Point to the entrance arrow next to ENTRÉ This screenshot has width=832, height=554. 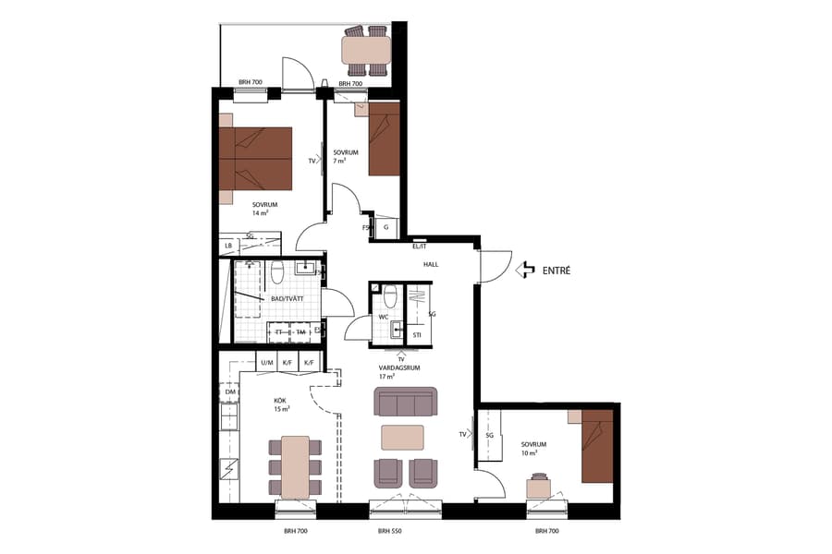click(x=526, y=271)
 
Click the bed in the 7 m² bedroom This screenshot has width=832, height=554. click(x=384, y=138)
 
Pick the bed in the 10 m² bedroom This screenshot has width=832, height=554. click(x=596, y=448)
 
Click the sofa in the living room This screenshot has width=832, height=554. click(x=405, y=402)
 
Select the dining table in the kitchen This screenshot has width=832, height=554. click(x=295, y=466)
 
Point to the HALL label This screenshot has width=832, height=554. click(x=431, y=264)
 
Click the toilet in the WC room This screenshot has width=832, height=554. click(x=390, y=296)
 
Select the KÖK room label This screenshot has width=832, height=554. click(x=280, y=401)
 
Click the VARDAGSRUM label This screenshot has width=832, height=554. click(x=399, y=367)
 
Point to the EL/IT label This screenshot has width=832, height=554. click(x=419, y=246)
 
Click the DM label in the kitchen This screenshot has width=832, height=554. click(x=229, y=392)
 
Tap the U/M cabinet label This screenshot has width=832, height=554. click(x=266, y=364)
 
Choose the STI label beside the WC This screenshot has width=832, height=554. click(x=417, y=335)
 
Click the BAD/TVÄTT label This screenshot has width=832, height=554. click(x=288, y=299)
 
